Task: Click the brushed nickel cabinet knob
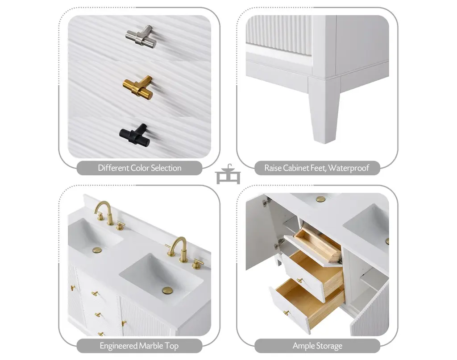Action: coord(141,37)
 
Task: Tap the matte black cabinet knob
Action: coord(135,135)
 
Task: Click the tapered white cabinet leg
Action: coord(324,110)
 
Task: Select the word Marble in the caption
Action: coord(151,346)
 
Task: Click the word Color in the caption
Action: coord(140,168)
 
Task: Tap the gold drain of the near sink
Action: coord(168,290)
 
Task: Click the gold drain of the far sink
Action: coord(97,250)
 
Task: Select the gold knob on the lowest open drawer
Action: coord(287,313)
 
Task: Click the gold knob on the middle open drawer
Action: coord(300,281)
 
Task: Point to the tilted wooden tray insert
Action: coord(317,243)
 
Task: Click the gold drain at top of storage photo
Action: coord(321,199)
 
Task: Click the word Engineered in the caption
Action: coord(118,346)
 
